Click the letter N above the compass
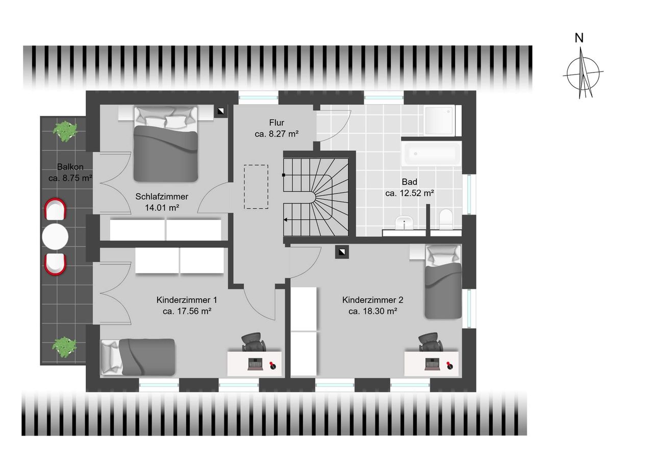tap(579, 38)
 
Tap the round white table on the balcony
tap(55, 236)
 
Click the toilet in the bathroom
tap(446, 220)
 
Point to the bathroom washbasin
tap(404, 224)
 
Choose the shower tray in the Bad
tap(439, 120)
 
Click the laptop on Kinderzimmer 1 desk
tap(256, 364)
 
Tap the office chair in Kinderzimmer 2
tap(430, 342)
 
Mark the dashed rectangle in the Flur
tap(256, 187)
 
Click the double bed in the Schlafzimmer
tap(166, 144)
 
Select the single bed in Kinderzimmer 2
tap(443, 282)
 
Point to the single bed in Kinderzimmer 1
tap(138, 357)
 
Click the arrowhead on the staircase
tap(285, 220)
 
